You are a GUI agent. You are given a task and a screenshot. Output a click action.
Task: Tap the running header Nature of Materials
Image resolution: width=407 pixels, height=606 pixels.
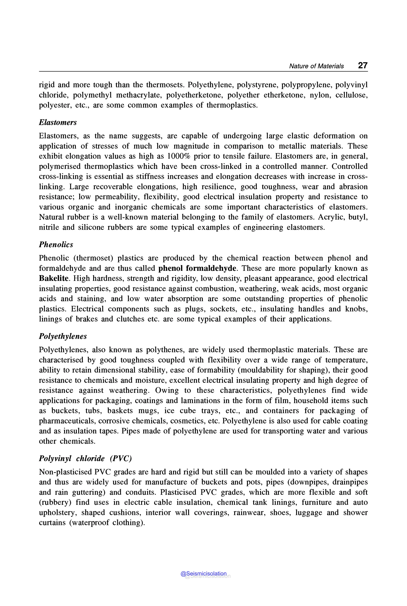point(316,66)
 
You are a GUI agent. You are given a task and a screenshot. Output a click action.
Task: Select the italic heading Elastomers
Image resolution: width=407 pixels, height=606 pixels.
point(58,123)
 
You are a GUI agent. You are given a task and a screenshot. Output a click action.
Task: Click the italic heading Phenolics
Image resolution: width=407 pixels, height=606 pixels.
point(56,244)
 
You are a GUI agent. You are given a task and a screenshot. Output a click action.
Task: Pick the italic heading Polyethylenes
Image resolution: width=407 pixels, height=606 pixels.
point(63,336)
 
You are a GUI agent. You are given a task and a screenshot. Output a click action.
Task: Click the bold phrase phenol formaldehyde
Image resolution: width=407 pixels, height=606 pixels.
point(197,268)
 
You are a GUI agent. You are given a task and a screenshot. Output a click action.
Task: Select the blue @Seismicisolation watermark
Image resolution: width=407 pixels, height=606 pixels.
point(203,574)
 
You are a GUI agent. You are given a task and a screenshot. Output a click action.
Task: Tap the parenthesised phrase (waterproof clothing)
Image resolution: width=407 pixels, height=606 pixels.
point(107,523)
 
